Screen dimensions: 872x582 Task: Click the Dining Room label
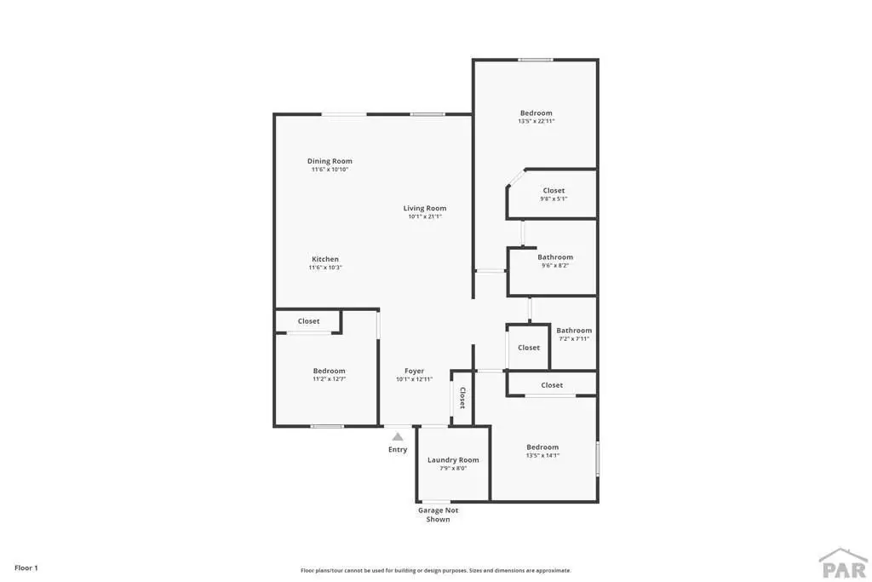coord(330,161)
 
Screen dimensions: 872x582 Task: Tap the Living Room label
coord(425,208)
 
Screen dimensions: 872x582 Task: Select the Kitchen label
coord(325,259)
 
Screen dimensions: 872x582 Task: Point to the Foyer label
coord(415,372)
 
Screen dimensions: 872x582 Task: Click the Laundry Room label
coord(453,460)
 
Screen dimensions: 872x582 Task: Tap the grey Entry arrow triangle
coord(398,437)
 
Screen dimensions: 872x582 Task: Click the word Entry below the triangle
coord(398,450)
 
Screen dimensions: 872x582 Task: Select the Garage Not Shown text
coord(439,515)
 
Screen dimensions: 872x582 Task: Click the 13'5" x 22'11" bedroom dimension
coord(536,121)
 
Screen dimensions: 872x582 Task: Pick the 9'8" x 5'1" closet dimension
coord(554,199)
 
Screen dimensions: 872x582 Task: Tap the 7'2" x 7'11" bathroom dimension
coord(574,338)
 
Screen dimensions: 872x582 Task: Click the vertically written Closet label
coord(462,398)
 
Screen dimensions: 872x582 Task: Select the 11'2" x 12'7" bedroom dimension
coord(330,379)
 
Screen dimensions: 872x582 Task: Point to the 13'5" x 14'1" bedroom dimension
coord(542,455)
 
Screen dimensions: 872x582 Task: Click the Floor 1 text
coord(26,568)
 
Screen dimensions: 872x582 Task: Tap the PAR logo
coord(844,563)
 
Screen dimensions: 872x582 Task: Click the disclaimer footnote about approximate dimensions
coord(436,570)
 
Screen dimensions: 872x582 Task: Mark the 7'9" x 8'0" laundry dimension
coord(453,469)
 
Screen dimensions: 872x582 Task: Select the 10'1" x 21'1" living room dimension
coord(425,216)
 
